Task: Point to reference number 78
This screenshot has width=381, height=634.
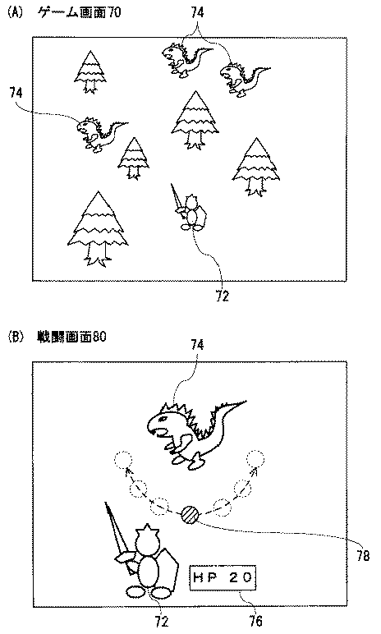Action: pyautogui.click(x=363, y=556)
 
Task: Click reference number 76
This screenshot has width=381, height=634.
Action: pyautogui.click(x=256, y=620)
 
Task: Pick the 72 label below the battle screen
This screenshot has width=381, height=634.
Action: pyautogui.click(x=162, y=621)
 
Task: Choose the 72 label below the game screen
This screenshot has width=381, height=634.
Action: pyautogui.click(x=222, y=296)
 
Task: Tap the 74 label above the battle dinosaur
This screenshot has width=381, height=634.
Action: pyautogui.click(x=197, y=345)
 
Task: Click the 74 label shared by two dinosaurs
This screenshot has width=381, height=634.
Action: pyautogui.click(x=197, y=12)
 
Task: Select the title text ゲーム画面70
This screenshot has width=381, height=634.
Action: pyautogui.click(x=79, y=12)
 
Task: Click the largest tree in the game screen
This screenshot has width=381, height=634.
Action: pyautogui.click(x=98, y=229)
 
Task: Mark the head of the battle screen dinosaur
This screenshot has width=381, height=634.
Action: pyautogui.click(x=164, y=423)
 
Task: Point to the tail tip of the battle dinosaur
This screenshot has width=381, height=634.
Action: pyautogui.click(x=245, y=402)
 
